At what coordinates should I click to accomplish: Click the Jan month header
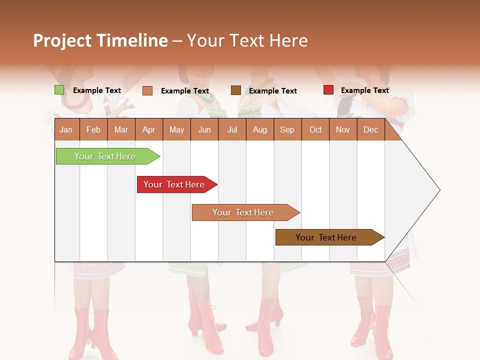click(66, 129)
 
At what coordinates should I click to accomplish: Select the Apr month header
click(148, 129)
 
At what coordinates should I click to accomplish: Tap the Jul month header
click(232, 129)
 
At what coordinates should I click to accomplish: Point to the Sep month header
click(287, 129)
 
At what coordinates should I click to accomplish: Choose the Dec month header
click(370, 129)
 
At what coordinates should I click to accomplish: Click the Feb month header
click(93, 129)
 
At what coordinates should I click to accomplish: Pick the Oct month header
click(315, 129)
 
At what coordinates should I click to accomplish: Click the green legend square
click(59, 90)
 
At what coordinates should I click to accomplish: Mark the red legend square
click(328, 90)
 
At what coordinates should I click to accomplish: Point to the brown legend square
click(236, 90)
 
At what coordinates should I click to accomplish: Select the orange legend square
click(147, 90)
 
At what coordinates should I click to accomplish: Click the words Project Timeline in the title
click(100, 40)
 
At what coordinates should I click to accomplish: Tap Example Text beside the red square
click(364, 90)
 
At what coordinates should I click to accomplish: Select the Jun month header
click(204, 129)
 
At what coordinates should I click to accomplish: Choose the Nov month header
click(343, 129)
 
